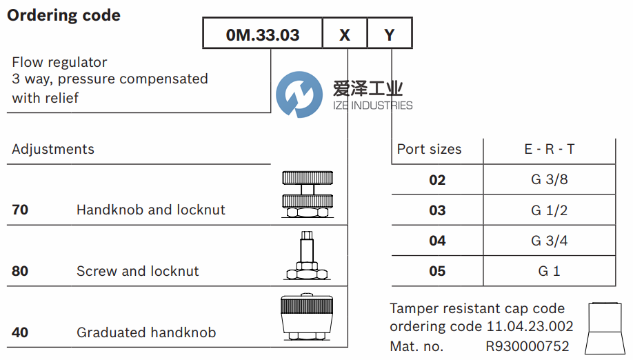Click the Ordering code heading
click(63, 15)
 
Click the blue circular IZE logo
click(299, 94)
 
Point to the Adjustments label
click(53, 149)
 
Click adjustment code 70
click(20, 210)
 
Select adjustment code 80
click(20, 271)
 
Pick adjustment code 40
click(20, 332)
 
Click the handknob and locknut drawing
click(308, 194)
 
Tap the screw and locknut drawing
click(308, 257)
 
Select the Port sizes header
click(429, 149)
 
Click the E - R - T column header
click(549, 149)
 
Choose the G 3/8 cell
click(549, 180)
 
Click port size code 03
click(437, 210)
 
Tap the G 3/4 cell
click(549, 241)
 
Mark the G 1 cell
click(549, 271)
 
